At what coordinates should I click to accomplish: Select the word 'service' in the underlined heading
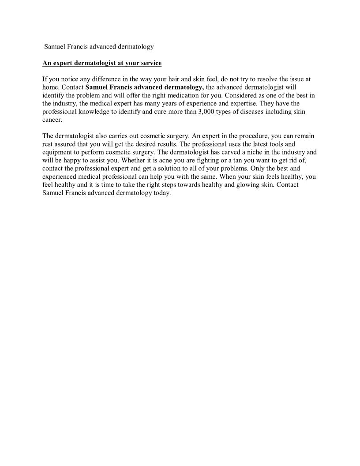coord(150,63)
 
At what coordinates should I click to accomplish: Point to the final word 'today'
coord(161,193)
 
